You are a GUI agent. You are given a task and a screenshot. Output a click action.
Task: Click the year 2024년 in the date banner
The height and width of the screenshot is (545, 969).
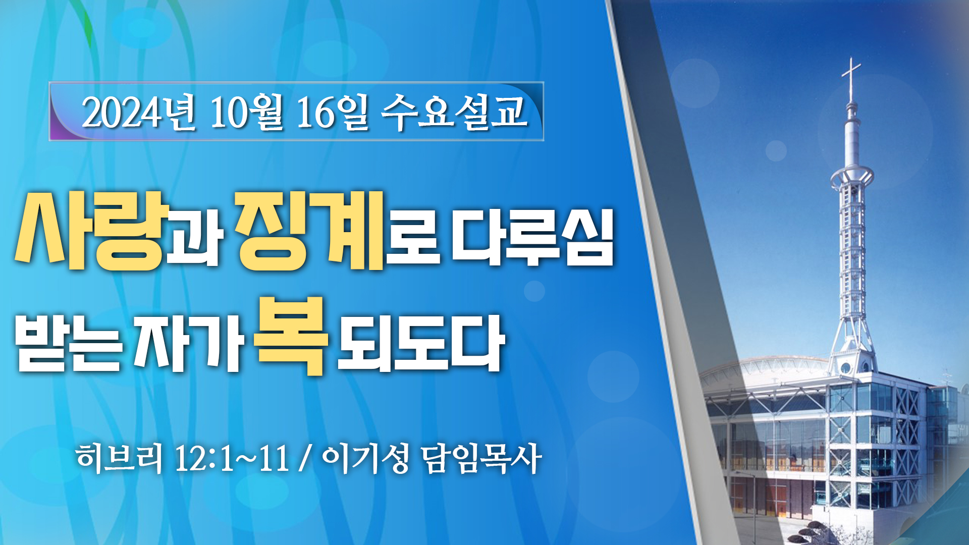coord(138,112)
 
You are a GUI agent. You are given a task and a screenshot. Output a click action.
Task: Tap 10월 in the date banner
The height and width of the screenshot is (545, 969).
coord(247,112)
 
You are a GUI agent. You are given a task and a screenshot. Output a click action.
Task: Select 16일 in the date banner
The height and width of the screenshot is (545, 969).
coord(333,112)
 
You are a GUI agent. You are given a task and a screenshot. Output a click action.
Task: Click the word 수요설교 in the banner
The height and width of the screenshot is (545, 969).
coord(454,112)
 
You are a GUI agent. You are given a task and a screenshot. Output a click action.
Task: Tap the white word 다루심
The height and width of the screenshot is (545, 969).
coord(533,237)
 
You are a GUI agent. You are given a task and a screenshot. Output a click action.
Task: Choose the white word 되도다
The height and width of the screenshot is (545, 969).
coord(421,343)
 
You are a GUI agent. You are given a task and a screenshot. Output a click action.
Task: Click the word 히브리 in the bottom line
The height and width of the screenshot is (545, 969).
coord(119,458)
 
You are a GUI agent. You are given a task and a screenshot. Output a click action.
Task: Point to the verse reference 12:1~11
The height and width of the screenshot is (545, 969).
coord(232,459)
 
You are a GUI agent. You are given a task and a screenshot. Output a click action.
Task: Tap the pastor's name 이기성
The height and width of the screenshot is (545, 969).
coord(365,458)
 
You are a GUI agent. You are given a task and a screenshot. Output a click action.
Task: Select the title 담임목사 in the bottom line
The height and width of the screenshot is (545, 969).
coord(481,458)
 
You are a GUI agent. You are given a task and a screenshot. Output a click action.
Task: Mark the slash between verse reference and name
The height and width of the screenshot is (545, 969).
coord(305,459)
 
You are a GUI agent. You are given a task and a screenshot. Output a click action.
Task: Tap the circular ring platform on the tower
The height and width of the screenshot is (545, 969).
coord(852,177)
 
